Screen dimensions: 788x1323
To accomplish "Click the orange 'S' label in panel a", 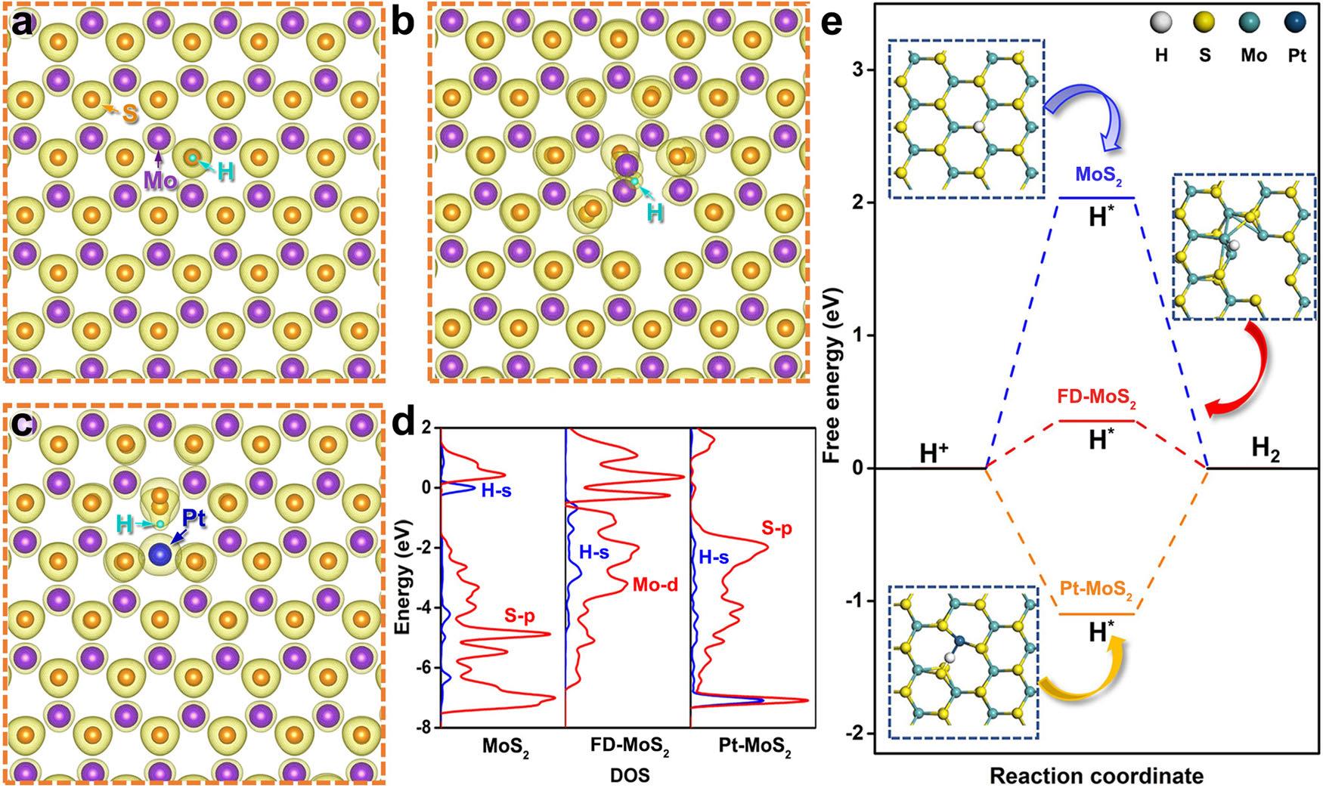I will click(130, 115).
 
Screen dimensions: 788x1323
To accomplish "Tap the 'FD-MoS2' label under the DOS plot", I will click(629, 752).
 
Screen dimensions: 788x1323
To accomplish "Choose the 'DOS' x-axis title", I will click(629, 776).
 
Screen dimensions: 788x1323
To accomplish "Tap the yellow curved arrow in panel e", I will click(1085, 669).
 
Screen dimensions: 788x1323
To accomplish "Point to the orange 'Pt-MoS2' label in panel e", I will click(1096, 595).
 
